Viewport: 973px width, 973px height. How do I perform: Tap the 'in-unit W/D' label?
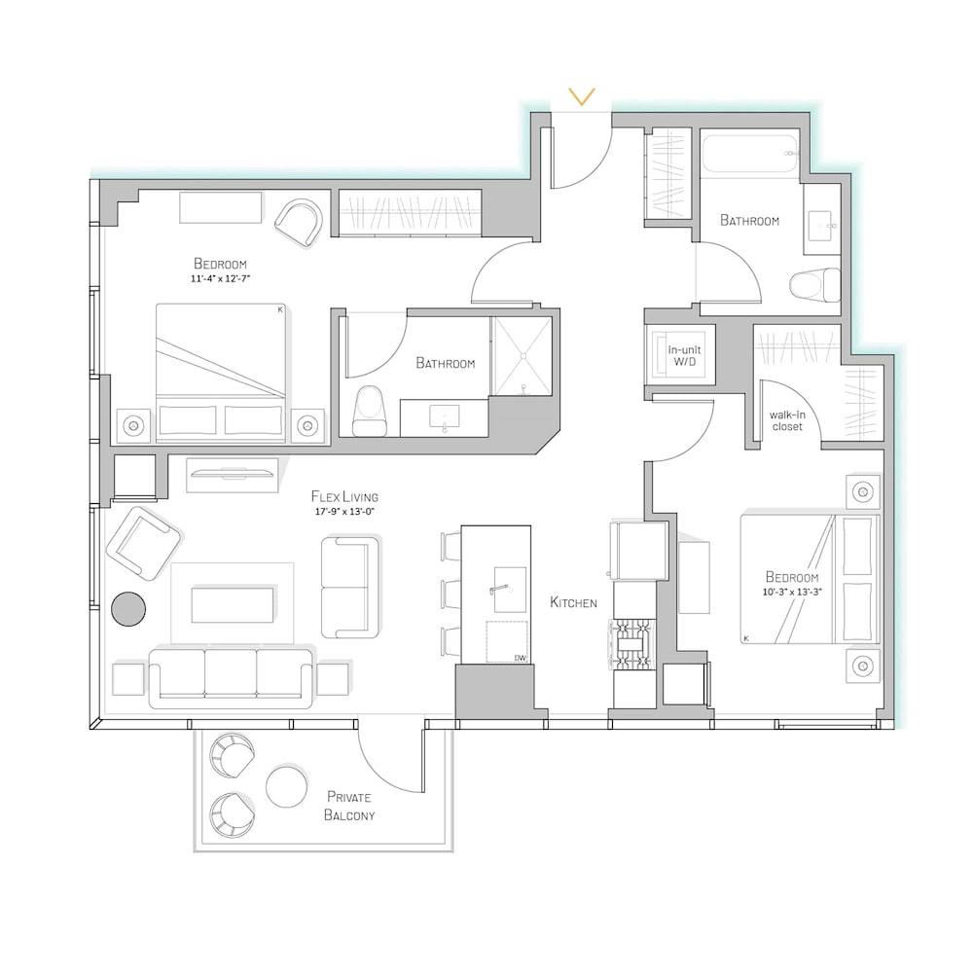coord(684,355)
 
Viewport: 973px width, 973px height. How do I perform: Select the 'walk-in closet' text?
coord(787,420)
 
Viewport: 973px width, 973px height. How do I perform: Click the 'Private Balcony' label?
coord(349,806)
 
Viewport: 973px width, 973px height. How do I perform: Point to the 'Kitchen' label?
coord(573,602)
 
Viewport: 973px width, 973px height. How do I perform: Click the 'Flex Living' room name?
coord(344,497)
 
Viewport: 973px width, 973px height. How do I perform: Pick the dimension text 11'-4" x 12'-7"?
coord(220,279)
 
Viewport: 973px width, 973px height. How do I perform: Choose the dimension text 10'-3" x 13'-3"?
coord(792,592)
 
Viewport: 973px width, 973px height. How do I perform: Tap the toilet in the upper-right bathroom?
coord(814,285)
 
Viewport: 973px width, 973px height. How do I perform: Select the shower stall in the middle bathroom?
coord(523,356)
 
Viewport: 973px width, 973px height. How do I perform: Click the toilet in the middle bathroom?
coord(369,411)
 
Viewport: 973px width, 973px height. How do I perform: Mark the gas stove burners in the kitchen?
coord(634,645)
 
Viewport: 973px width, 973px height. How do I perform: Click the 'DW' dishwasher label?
coord(520,658)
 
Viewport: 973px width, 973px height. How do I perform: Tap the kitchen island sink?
coord(510,590)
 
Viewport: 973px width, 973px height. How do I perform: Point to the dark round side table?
coord(128,609)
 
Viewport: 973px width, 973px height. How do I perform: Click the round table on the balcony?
coord(286,786)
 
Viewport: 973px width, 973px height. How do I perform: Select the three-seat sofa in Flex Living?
coord(231,679)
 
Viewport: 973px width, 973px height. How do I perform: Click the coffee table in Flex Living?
coord(233,605)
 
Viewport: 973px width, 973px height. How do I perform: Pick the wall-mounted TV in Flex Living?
coord(233,475)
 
